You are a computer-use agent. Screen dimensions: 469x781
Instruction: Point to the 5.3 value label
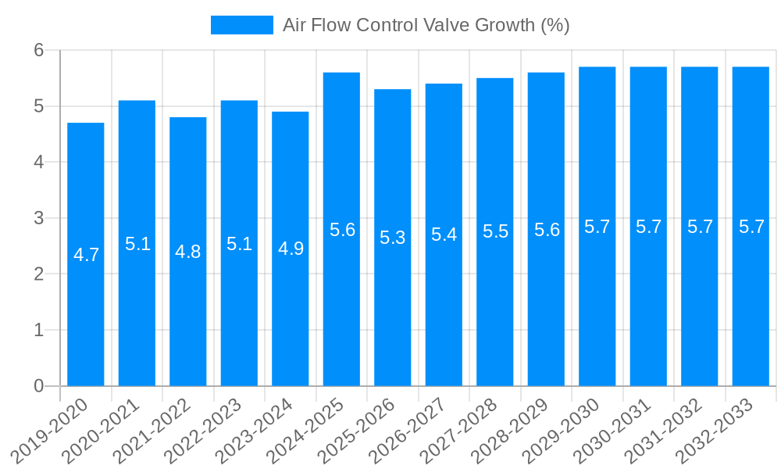[x=392, y=238]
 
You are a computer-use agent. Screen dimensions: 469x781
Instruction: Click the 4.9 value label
[x=291, y=249]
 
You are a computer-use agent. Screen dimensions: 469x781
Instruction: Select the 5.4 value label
[x=444, y=234]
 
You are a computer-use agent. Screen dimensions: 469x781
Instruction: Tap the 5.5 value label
[x=495, y=231]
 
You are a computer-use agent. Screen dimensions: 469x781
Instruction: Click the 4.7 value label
[x=86, y=255]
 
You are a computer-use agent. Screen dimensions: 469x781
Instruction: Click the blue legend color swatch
[x=242, y=25]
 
